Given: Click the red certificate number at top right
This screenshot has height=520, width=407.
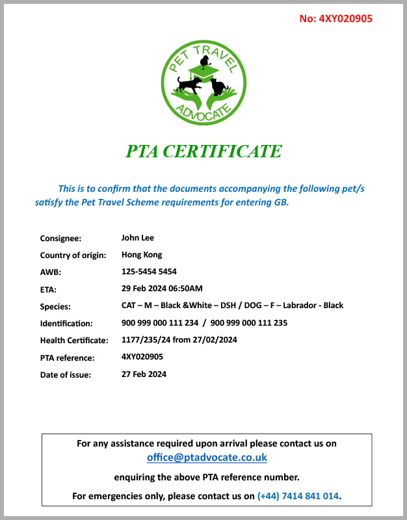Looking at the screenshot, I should pyautogui.click(x=335, y=18).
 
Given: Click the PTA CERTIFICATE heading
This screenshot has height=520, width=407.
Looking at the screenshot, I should pyautogui.click(x=203, y=151).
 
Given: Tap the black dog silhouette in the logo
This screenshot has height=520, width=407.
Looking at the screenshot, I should pyautogui.click(x=189, y=84).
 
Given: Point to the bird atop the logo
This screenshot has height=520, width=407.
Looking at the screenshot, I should pyautogui.click(x=205, y=61).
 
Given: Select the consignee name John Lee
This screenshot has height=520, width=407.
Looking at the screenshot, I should pyautogui.click(x=138, y=238).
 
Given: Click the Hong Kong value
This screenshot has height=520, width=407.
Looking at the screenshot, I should pyautogui.click(x=142, y=255).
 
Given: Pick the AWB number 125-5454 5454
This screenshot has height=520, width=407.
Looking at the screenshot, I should pyautogui.click(x=149, y=272).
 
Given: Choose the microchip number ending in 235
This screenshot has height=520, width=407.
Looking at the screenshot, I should pyautogui.click(x=249, y=322).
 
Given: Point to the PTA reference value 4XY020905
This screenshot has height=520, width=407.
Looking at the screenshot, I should pyautogui.click(x=142, y=357).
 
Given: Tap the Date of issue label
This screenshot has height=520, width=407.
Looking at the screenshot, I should pyautogui.click(x=66, y=374).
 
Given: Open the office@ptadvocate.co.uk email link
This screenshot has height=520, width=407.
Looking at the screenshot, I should pyautogui.click(x=207, y=458).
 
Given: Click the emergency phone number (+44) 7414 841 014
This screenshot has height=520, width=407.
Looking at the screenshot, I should pyautogui.click(x=298, y=495).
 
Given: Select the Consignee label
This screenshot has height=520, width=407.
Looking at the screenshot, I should pyautogui.click(x=60, y=239).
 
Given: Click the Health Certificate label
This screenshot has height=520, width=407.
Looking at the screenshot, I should pyautogui.click(x=73, y=340).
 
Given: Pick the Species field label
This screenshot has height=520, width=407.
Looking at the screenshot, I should pyautogui.click(x=55, y=306).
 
